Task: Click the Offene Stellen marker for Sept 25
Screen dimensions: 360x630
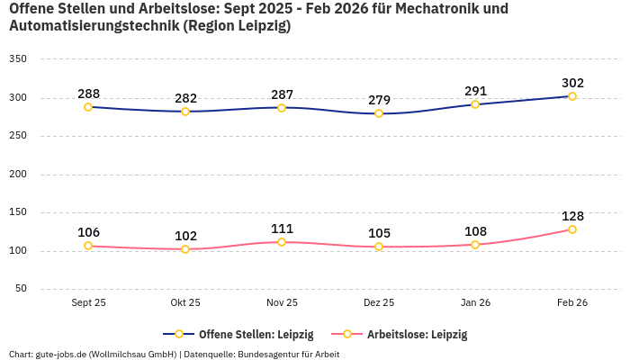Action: (x=88, y=107)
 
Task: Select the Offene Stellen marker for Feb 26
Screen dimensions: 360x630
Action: (x=572, y=96)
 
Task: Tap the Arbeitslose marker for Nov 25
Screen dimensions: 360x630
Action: (x=282, y=242)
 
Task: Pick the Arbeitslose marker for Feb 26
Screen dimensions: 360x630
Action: (x=572, y=229)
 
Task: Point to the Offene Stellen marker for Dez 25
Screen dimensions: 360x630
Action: (x=379, y=113)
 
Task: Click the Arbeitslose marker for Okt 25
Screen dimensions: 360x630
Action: (x=185, y=249)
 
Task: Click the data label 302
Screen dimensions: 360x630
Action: (x=572, y=82)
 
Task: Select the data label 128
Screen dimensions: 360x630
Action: (x=572, y=216)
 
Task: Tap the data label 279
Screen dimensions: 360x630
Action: (x=379, y=99)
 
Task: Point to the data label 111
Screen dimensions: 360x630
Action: (x=282, y=229)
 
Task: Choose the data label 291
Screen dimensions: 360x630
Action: (x=475, y=91)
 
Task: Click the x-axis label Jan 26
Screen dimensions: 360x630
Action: (x=475, y=302)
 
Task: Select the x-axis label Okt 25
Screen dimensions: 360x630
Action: (x=185, y=302)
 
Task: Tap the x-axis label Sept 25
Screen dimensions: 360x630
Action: (x=88, y=302)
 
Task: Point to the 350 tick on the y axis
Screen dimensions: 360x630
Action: (x=18, y=59)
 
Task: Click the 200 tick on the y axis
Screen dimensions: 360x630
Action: (x=18, y=175)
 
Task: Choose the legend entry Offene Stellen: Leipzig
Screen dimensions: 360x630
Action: (x=244, y=334)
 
